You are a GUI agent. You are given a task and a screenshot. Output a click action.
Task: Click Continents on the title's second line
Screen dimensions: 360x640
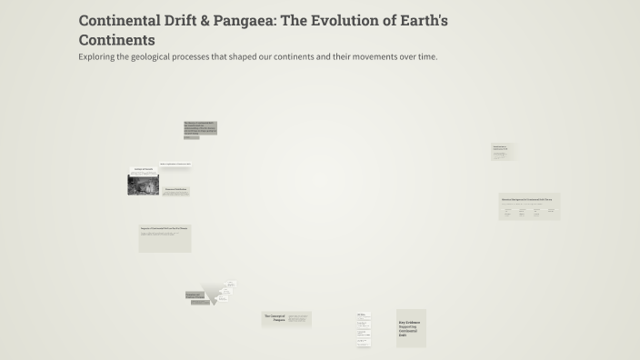point(116,40)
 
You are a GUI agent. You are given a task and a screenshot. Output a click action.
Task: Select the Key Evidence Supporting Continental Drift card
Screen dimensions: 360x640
point(411,328)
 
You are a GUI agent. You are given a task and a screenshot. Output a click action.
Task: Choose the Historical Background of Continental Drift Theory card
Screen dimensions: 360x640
point(529,205)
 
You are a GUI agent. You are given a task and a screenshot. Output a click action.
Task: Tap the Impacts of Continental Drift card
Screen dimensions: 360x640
point(165,238)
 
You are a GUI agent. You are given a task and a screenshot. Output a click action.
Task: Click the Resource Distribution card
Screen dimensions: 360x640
point(175,191)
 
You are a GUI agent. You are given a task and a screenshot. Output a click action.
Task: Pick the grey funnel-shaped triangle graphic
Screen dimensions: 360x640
point(217,291)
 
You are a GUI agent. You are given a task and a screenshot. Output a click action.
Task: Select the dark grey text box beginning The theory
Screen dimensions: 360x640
point(200,129)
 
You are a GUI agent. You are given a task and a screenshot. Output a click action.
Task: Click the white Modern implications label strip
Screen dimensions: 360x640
point(175,164)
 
